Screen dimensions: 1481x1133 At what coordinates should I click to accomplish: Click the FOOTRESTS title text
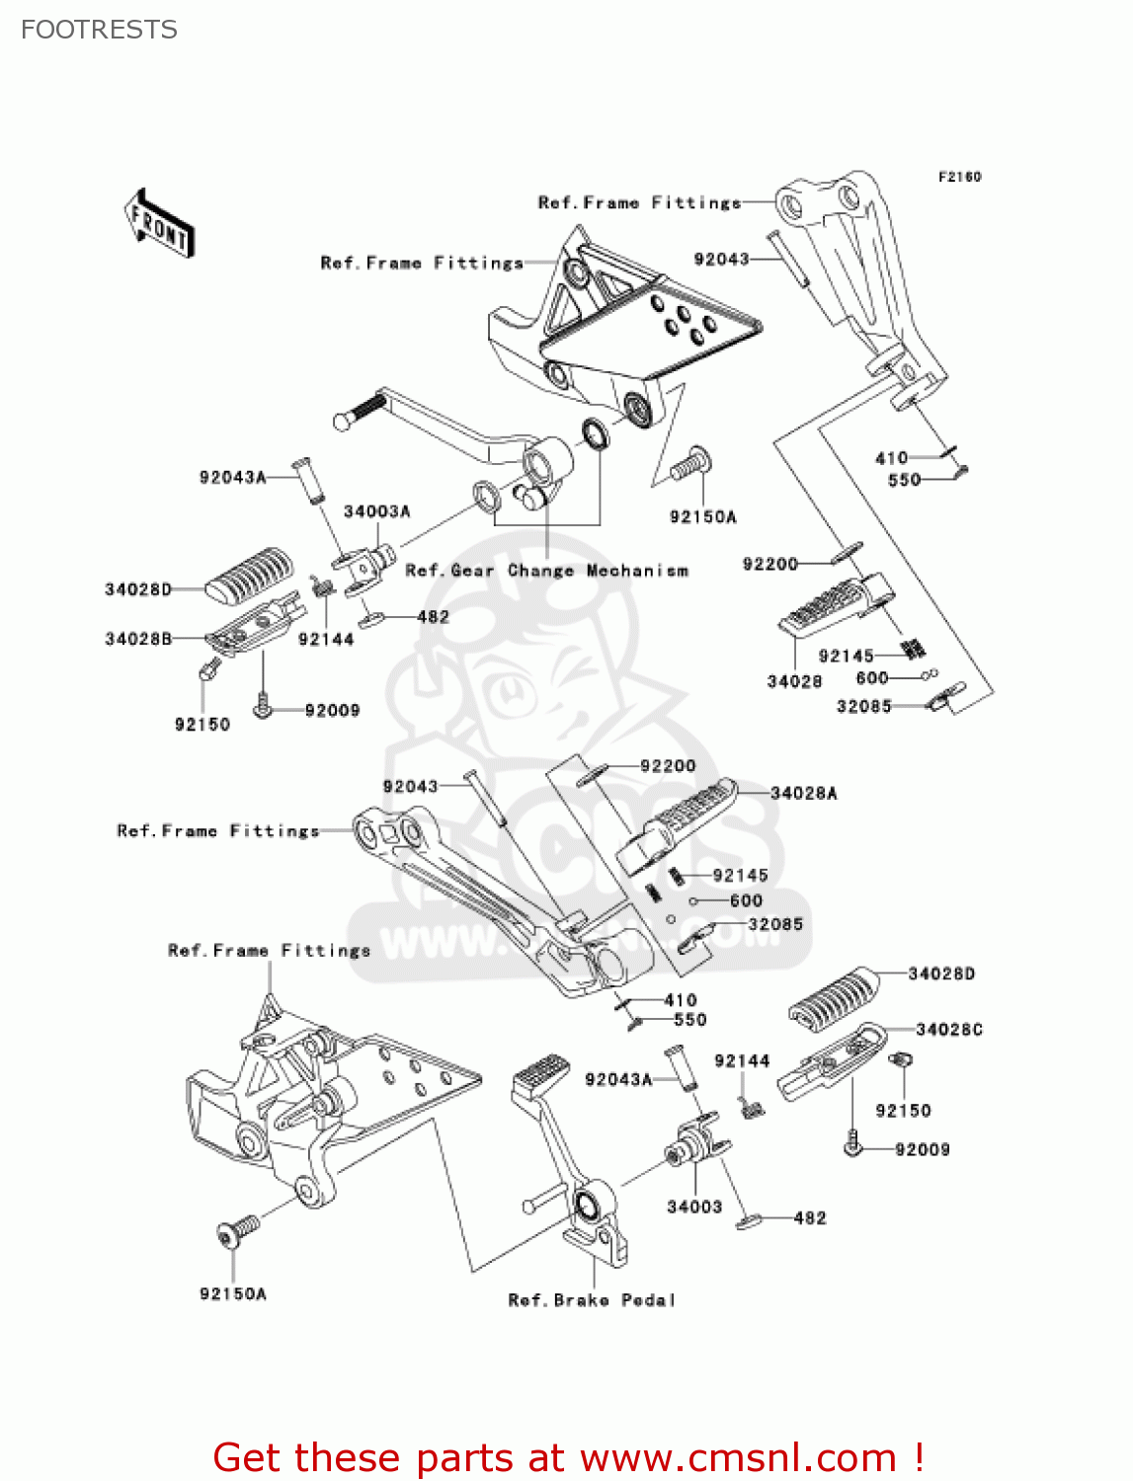tap(99, 30)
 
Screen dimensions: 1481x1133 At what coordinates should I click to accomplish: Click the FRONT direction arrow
tap(159, 224)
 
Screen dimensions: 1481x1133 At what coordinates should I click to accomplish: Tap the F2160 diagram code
tap(959, 177)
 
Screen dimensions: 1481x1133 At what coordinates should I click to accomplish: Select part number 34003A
tap(376, 511)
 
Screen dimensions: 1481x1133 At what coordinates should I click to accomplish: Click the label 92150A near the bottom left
tap(233, 1293)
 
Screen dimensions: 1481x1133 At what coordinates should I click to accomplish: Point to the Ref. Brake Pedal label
tap(592, 1300)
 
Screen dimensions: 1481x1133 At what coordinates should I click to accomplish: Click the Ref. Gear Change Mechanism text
tap(546, 571)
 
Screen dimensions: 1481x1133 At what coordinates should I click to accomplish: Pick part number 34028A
tap(803, 793)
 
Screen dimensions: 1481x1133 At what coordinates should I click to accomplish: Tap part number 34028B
tap(138, 639)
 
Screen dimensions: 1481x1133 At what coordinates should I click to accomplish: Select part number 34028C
tap(948, 1030)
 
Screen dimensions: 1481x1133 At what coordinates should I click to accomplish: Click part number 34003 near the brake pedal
tap(694, 1207)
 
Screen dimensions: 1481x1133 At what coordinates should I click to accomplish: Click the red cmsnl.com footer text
tap(569, 1457)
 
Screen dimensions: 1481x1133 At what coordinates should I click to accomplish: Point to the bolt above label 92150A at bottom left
tap(236, 1231)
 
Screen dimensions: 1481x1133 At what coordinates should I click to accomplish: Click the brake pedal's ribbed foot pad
tap(540, 1073)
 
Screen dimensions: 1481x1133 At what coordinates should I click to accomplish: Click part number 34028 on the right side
tap(794, 681)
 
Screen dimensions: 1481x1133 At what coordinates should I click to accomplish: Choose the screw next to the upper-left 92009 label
tap(263, 707)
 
